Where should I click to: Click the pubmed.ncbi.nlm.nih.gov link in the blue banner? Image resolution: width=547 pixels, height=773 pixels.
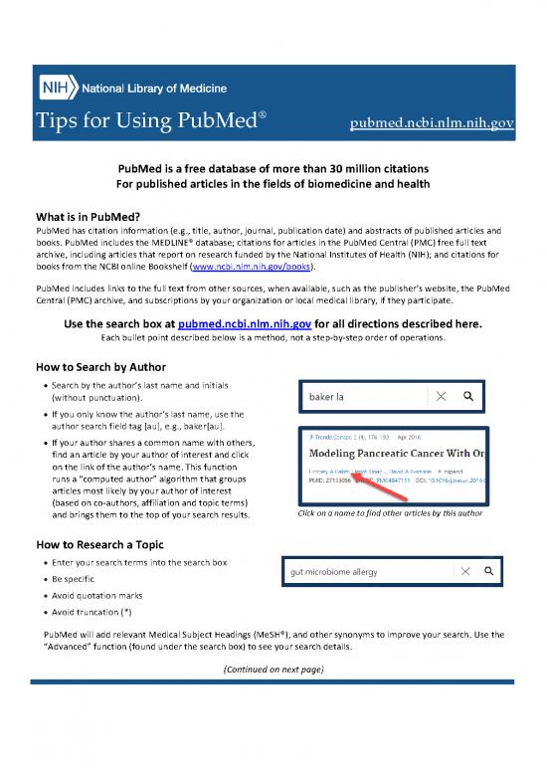432,123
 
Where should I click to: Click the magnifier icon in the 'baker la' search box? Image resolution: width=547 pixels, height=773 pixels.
468,396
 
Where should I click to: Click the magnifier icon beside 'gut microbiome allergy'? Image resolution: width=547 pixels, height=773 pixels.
487,572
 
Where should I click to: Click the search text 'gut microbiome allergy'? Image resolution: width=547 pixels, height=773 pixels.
339,573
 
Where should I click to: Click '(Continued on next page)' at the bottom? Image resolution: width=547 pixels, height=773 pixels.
273,669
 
